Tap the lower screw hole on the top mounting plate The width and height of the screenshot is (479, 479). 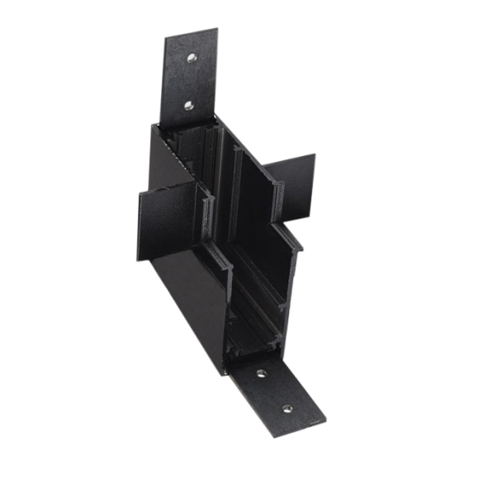[x=188, y=105]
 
